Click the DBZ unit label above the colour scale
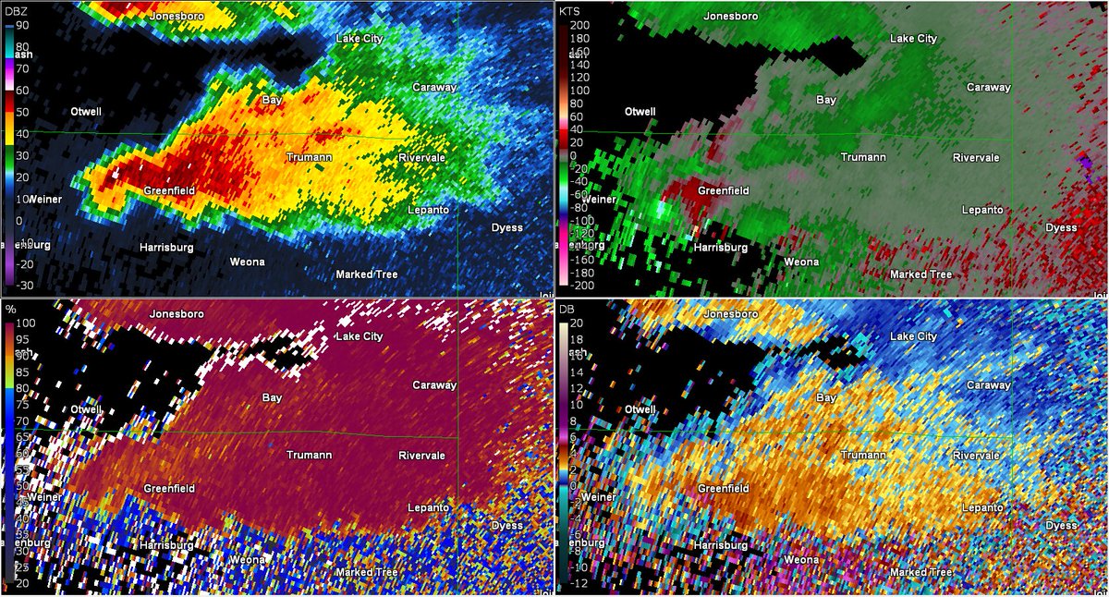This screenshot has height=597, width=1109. point(17,9)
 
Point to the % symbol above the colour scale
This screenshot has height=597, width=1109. point(11,308)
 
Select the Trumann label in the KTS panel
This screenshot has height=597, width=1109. point(862,157)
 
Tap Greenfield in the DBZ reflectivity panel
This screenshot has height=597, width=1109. point(167,190)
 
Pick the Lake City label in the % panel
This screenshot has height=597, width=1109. point(359,337)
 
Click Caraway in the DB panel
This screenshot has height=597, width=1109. point(988,384)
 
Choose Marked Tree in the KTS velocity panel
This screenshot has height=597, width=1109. point(920,274)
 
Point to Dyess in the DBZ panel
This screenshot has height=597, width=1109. point(506,227)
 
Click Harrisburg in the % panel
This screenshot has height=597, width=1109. point(166,545)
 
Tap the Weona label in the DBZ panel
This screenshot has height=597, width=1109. point(247,262)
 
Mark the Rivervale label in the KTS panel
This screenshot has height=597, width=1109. point(977,157)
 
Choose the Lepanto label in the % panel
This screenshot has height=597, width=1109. point(428,507)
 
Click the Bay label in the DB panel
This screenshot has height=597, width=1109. point(826,396)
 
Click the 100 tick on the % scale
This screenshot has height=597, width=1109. point(24,323)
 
